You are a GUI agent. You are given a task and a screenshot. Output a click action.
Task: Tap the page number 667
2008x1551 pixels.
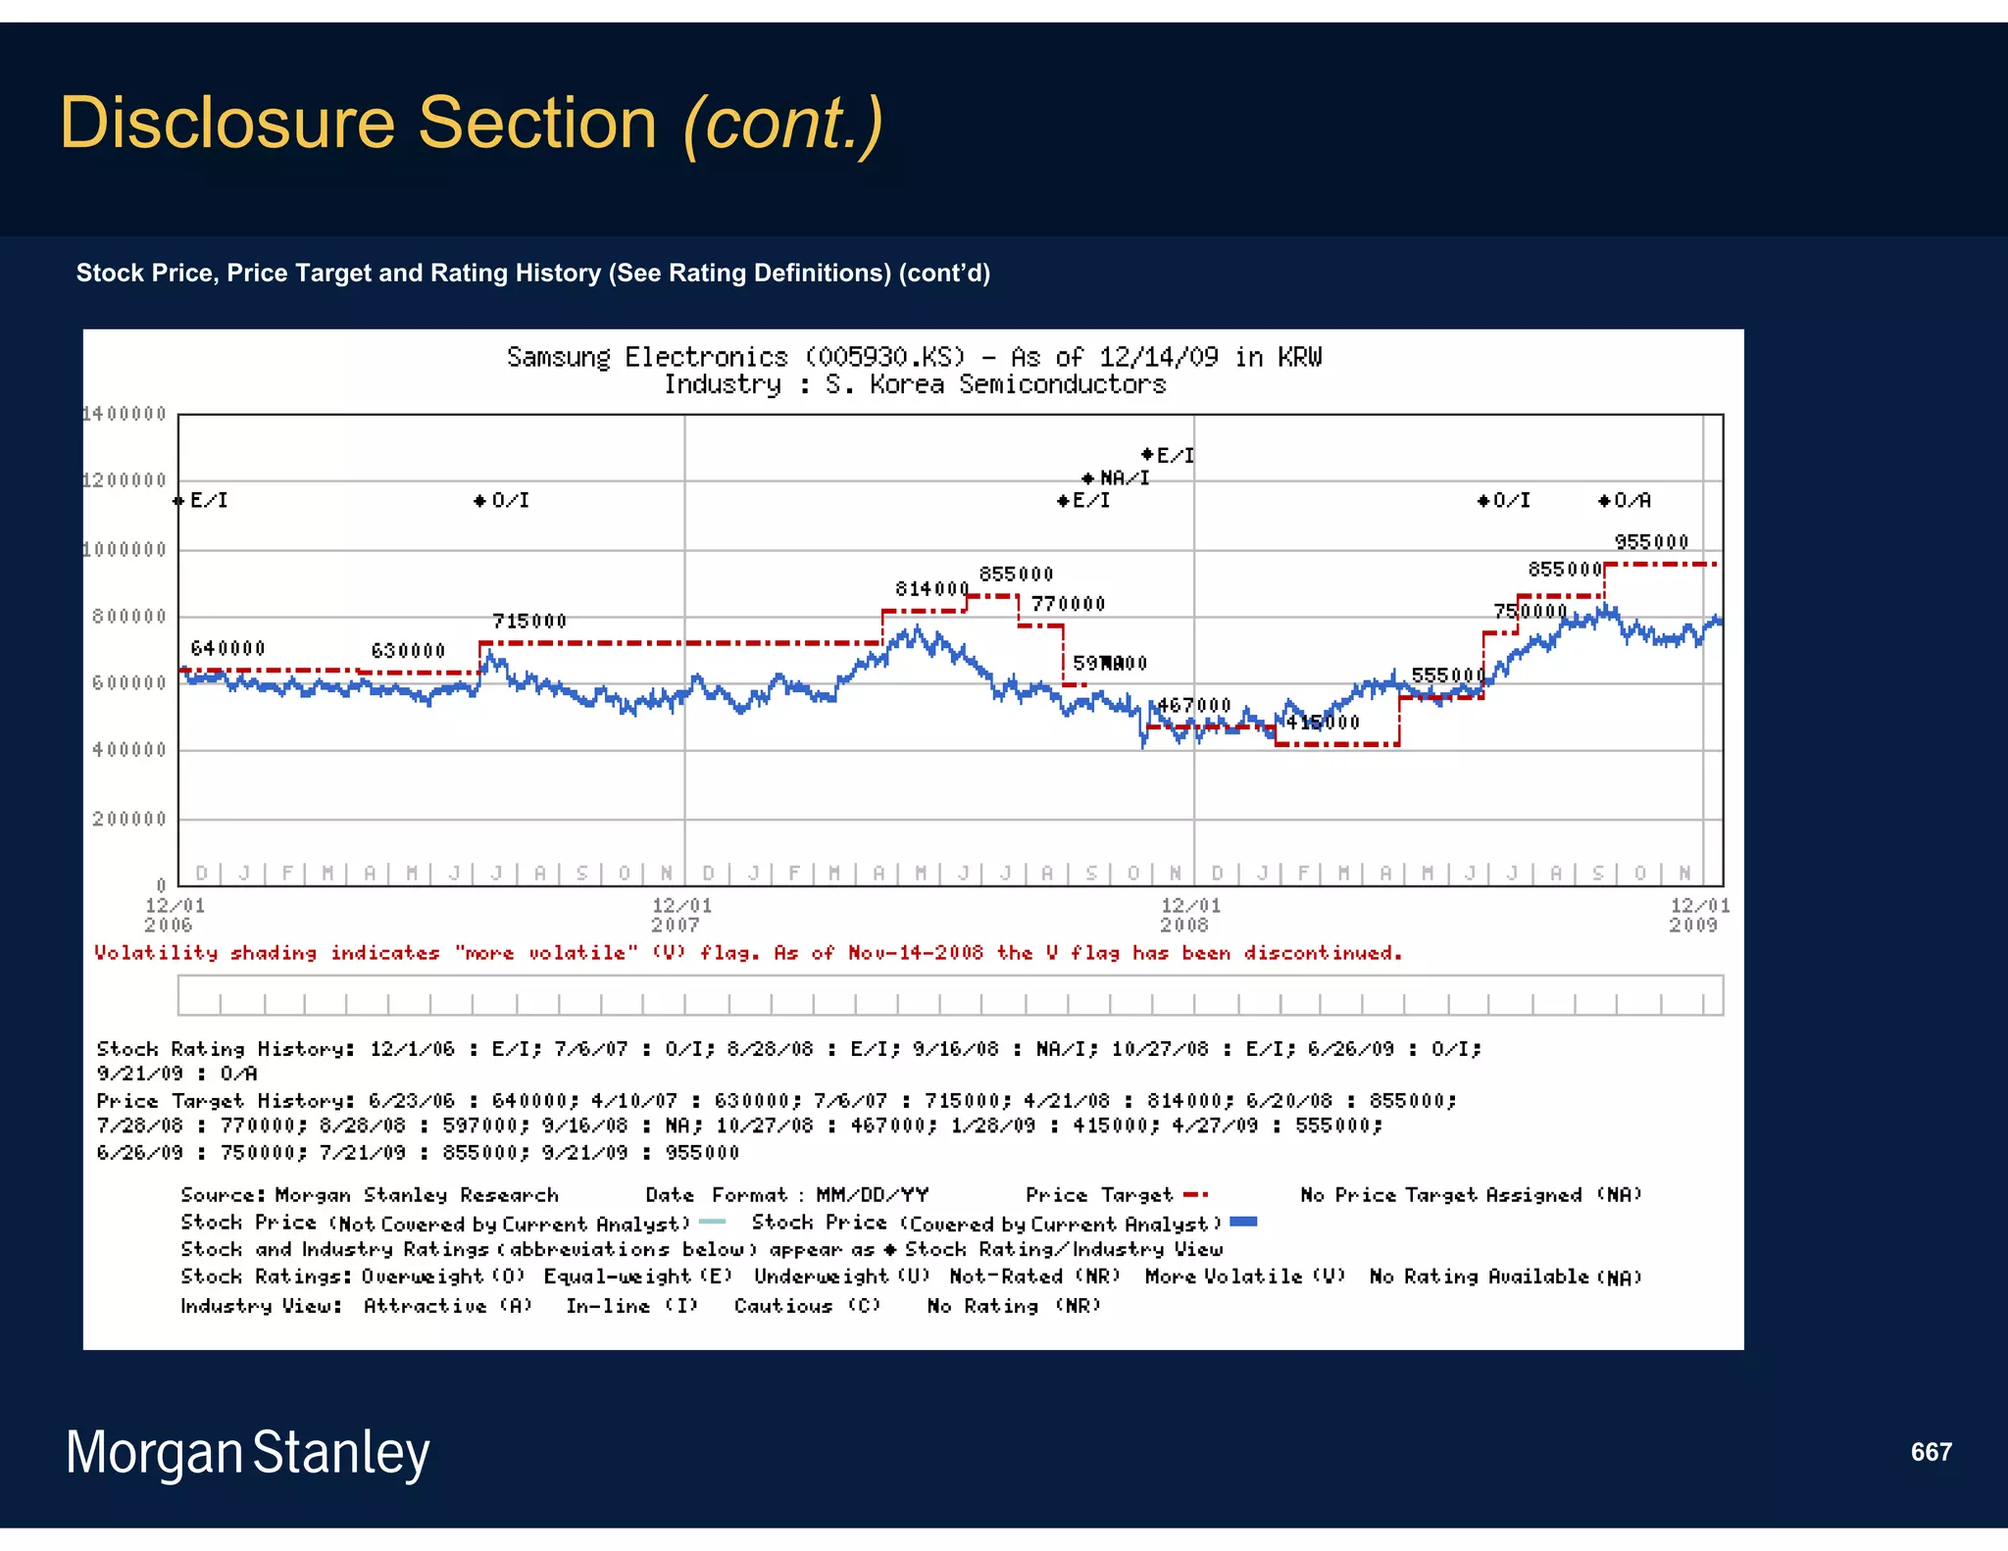[1931, 1452]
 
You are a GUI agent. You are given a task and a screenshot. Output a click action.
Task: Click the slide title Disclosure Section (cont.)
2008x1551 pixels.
[471, 123]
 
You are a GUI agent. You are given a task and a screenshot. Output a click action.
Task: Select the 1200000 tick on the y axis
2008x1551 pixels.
[125, 480]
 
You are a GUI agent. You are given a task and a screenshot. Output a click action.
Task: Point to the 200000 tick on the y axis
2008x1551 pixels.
[129, 819]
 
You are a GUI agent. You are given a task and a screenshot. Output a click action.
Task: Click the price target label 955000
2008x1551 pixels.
[1651, 542]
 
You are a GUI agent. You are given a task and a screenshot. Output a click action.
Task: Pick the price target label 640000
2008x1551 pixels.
[227, 648]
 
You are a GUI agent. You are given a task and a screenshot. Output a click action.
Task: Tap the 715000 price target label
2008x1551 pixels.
[529, 622]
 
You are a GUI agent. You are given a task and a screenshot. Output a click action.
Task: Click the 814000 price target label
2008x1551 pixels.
[931, 588]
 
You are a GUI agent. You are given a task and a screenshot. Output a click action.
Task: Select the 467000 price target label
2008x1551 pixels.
[1193, 705]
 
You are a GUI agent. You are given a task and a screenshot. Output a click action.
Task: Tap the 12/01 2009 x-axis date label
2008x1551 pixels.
[1698, 915]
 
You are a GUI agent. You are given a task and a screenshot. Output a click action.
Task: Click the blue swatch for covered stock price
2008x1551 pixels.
[1243, 1222]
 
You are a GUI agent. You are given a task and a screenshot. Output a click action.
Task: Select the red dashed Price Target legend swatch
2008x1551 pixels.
[1195, 1194]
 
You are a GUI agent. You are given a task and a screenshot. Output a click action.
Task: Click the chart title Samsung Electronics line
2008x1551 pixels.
[914, 357]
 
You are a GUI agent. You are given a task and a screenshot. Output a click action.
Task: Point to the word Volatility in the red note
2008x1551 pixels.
[156, 953]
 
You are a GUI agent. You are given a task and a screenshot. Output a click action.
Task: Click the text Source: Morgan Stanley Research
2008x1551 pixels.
[370, 1194]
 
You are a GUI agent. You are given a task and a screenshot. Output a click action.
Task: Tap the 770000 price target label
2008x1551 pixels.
[1068, 604]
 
